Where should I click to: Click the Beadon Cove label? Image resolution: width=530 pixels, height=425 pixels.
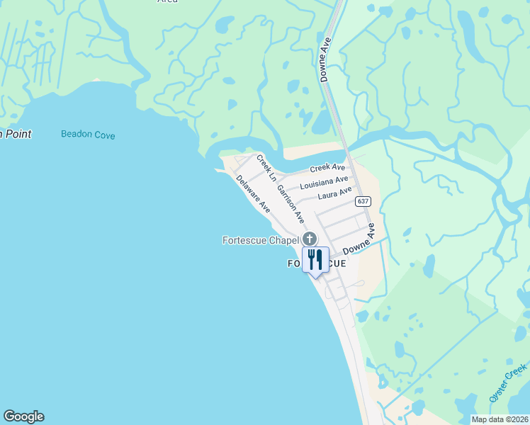click(x=88, y=135)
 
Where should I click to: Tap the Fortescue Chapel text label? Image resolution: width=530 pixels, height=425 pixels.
click(x=261, y=241)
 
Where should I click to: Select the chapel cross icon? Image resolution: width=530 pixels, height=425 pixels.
click(x=309, y=239)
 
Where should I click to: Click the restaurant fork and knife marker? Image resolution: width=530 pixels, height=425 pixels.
click(x=315, y=260)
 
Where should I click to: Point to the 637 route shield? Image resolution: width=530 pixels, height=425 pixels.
click(x=363, y=201)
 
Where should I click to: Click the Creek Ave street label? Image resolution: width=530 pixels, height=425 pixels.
click(x=327, y=168)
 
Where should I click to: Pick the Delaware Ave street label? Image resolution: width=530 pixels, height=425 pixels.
click(x=254, y=194)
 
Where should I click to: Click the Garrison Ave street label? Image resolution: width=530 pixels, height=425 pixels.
click(x=290, y=204)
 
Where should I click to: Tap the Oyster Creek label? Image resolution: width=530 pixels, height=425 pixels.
click(x=509, y=383)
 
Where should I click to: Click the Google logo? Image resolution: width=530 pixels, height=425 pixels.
click(x=23, y=416)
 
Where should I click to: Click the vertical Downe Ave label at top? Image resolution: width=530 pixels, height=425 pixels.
click(x=326, y=59)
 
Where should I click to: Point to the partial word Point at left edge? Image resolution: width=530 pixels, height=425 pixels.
click(x=15, y=133)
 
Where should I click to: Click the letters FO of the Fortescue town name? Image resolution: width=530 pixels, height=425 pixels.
click(x=294, y=263)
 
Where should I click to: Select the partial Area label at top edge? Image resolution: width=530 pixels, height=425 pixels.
click(x=167, y=2)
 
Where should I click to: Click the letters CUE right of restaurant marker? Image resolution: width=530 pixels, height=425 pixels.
click(x=337, y=263)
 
